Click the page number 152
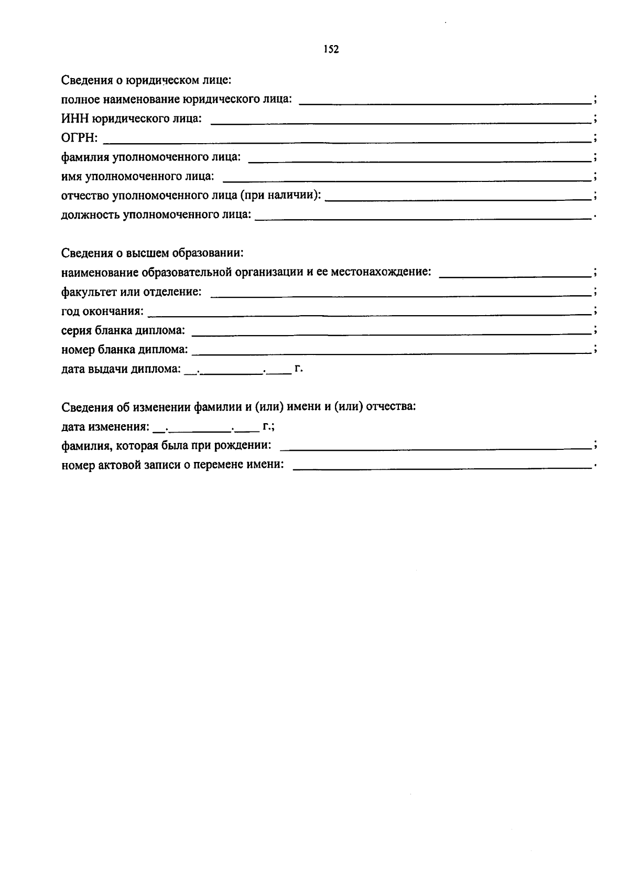[331, 49]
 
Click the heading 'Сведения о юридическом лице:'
[146, 80]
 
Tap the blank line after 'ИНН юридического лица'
[401, 122]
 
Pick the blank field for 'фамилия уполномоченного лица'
[419, 161]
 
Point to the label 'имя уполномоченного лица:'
[138, 176]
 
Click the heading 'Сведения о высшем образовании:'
[153, 253]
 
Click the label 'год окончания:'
[102, 311]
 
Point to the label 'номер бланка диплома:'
[124, 349]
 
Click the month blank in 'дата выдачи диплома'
[232, 373]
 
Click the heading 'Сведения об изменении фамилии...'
[238, 407]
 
